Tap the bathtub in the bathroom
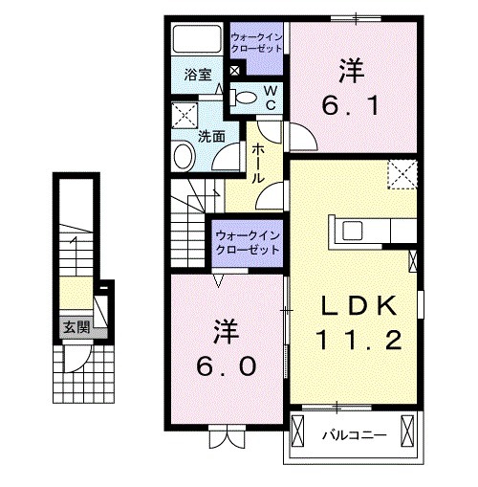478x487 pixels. [x=196, y=40]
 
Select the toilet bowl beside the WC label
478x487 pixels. [x=243, y=96]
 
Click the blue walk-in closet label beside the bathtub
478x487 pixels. [x=255, y=42]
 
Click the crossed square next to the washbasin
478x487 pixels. [x=183, y=115]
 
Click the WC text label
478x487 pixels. [x=270, y=97]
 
